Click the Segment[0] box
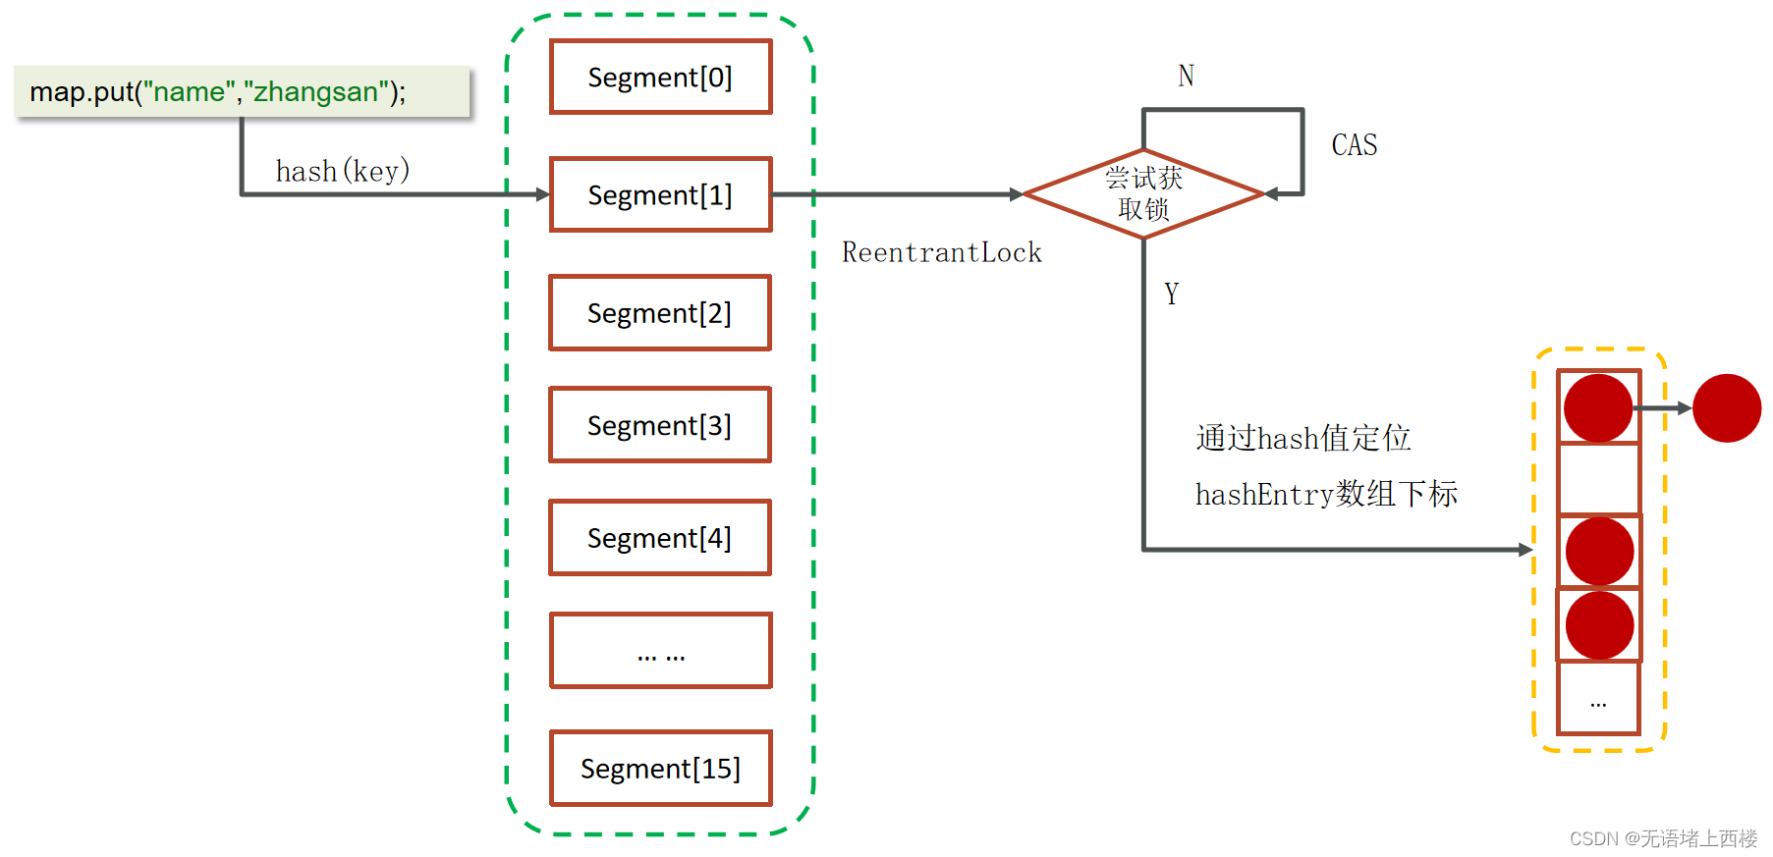(x=660, y=77)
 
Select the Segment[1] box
(x=660, y=194)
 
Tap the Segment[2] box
(x=660, y=312)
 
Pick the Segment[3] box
(x=660, y=425)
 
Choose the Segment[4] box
(x=660, y=538)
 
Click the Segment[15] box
(x=660, y=768)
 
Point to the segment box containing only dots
(x=660, y=651)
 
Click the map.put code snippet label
(x=218, y=92)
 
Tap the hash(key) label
(x=342, y=171)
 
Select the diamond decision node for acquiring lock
(x=1143, y=193)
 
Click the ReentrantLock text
(x=941, y=252)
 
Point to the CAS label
(x=1354, y=145)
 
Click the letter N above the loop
(x=1186, y=76)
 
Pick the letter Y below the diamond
(x=1171, y=294)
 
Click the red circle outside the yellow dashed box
(x=1726, y=408)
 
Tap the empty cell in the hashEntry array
(x=1598, y=479)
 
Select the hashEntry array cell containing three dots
(x=1598, y=699)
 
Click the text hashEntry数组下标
(x=1325, y=494)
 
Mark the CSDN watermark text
(x=1662, y=838)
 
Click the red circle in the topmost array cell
(x=1597, y=408)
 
